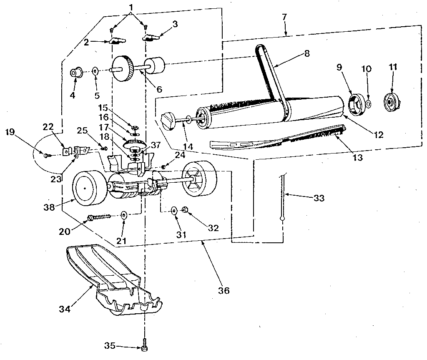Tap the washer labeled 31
[x=174, y=209]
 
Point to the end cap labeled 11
[x=391, y=100]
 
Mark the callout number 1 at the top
[x=131, y=7]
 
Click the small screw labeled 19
[x=47, y=155]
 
